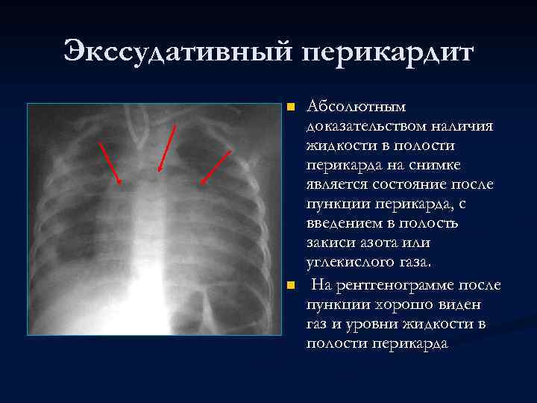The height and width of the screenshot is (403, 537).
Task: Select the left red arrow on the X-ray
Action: (x=110, y=162)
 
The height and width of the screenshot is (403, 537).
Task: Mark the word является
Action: (x=336, y=184)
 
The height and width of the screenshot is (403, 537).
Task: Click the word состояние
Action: (x=408, y=184)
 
